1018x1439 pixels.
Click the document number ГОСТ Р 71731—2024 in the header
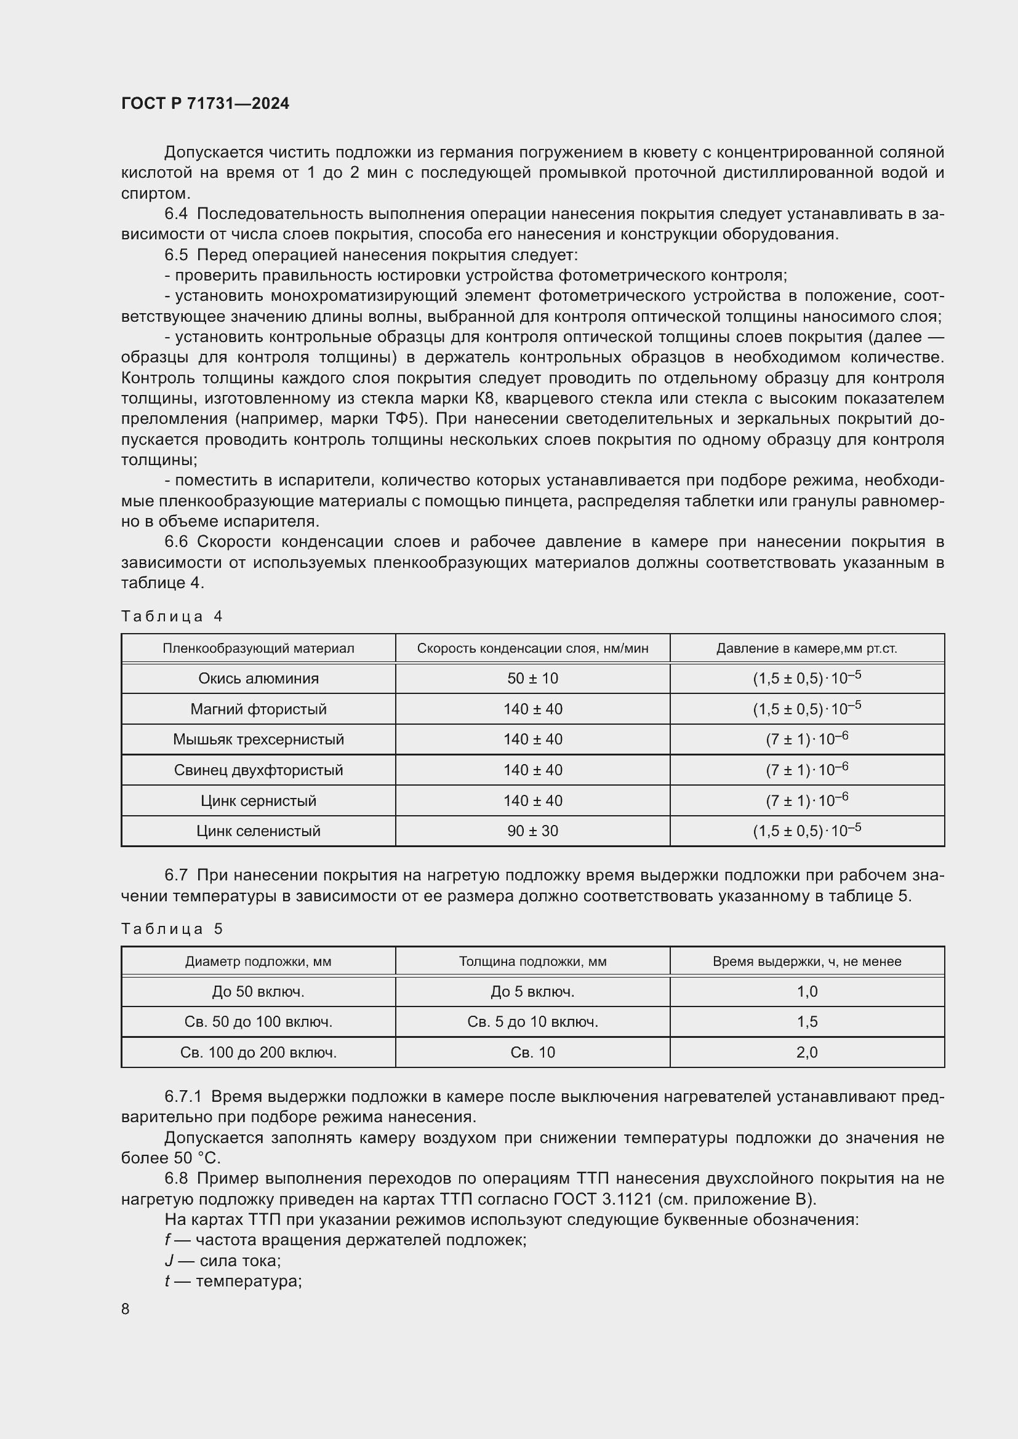(x=205, y=103)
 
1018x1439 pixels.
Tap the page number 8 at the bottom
(x=126, y=1309)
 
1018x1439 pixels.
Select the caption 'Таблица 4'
(x=172, y=616)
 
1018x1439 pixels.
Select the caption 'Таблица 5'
(x=172, y=929)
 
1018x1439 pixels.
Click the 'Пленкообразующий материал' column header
(x=259, y=648)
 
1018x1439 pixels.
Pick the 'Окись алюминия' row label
(x=259, y=678)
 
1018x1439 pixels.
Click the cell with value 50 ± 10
(x=532, y=678)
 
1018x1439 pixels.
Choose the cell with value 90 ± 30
(x=532, y=831)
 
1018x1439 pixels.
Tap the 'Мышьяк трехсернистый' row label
(x=259, y=739)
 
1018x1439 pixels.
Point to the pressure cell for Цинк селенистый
(x=807, y=831)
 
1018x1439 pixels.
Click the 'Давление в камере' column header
(x=807, y=648)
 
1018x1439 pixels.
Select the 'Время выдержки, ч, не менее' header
(x=807, y=961)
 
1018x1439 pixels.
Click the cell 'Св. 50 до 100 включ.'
(x=259, y=1022)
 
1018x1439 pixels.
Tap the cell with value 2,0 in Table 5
(x=807, y=1052)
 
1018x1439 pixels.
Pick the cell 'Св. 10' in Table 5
(x=532, y=1052)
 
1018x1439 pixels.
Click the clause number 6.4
(x=176, y=213)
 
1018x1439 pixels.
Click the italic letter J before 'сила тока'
(x=169, y=1261)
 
